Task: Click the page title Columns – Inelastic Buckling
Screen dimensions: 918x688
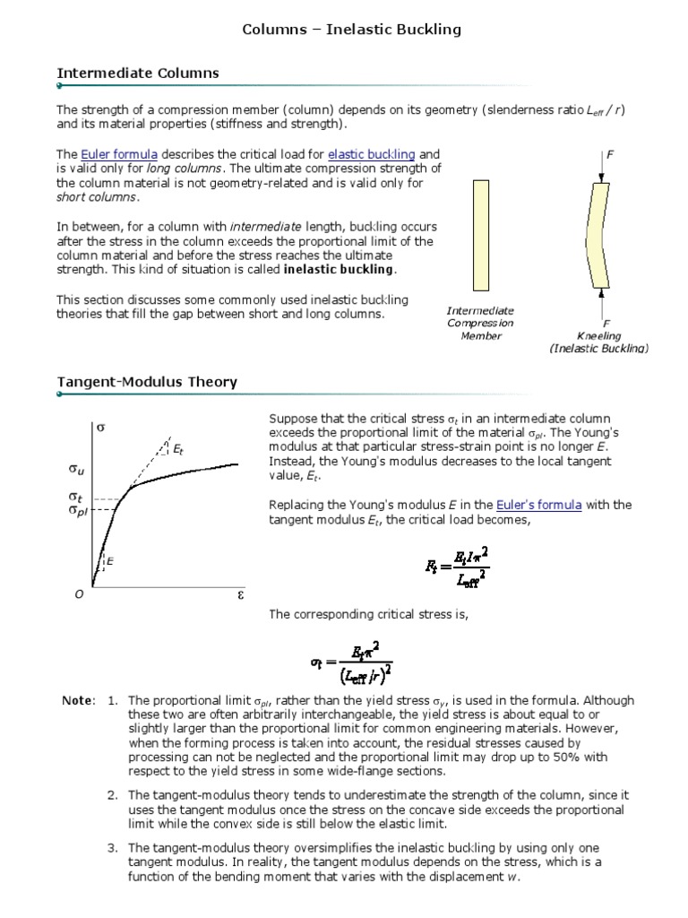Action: point(352,30)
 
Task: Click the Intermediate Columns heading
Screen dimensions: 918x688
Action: point(138,73)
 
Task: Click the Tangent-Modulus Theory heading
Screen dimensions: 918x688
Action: point(147,382)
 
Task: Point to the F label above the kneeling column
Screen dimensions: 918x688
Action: point(610,154)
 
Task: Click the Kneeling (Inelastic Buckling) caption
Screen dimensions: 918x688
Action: point(599,342)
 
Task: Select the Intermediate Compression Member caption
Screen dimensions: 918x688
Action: point(481,323)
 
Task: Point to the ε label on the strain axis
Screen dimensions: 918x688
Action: point(240,593)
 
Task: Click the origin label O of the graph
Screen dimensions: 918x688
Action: point(78,594)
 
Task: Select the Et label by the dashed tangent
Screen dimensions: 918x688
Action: point(178,447)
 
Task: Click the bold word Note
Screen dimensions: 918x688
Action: point(78,700)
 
